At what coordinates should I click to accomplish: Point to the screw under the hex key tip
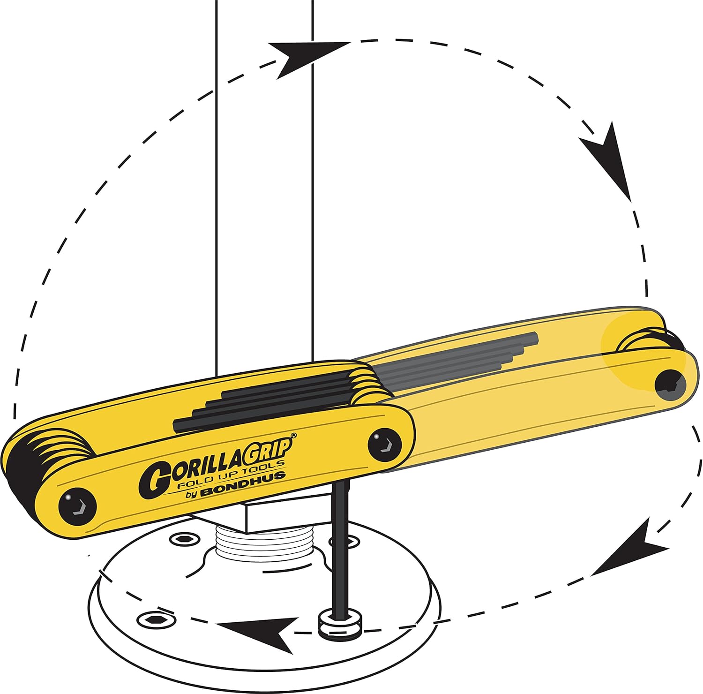pos(340,624)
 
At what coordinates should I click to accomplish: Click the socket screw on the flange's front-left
pos(157,619)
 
